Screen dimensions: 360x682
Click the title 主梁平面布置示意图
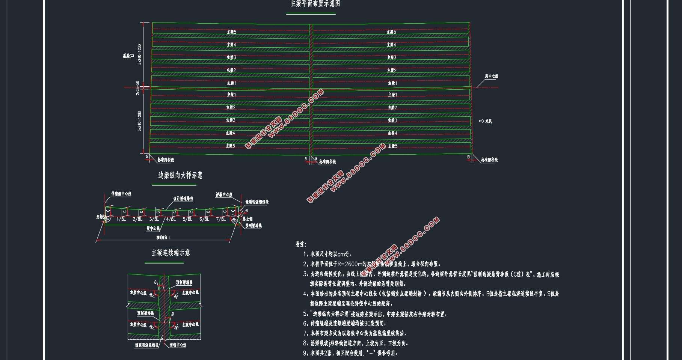[x=315, y=4]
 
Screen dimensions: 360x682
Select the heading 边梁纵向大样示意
[x=180, y=175]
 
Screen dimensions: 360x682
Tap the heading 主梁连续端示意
[x=170, y=253]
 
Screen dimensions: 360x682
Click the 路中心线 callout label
[x=491, y=76]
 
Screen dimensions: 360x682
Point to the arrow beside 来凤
[x=481, y=121]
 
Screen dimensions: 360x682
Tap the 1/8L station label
[x=121, y=219]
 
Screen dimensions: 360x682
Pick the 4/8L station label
[x=171, y=219]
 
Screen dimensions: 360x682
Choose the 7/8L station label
[x=221, y=219]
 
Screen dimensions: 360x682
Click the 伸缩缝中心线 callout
[x=121, y=194]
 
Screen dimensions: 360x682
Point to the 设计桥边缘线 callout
[x=183, y=199]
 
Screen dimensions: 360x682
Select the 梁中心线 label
[x=153, y=228]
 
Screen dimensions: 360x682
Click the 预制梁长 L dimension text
[x=163, y=238]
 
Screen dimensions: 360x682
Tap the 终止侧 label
[x=247, y=219]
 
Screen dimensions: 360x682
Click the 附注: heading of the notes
[x=301, y=244]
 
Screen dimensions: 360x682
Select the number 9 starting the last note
[x=305, y=353]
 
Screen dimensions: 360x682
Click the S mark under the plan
[x=147, y=157]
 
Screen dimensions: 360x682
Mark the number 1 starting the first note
[x=305, y=254]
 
